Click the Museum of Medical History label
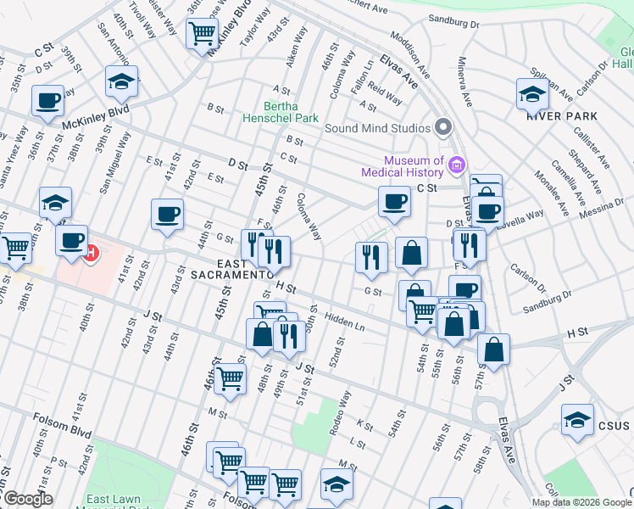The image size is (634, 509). pyautogui.click(x=414, y=166)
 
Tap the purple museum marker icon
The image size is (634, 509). pyautogui.click(x=458, y=163)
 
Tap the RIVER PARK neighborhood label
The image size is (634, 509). pyautogui.click(x=561, y=116)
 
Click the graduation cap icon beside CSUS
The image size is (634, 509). pyautogui.click(x=577, y=419)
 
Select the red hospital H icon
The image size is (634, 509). pyautogui.click(x=91, y=252)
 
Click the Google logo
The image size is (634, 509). pyautogui.click(x=27, y=499)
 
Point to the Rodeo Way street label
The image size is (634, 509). pyautogui.click(x=339, y=412)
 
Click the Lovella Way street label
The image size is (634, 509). pyautogui.click(x=523, y=219)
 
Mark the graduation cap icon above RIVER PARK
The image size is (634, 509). pyautogui.click(x=532, y=93)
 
